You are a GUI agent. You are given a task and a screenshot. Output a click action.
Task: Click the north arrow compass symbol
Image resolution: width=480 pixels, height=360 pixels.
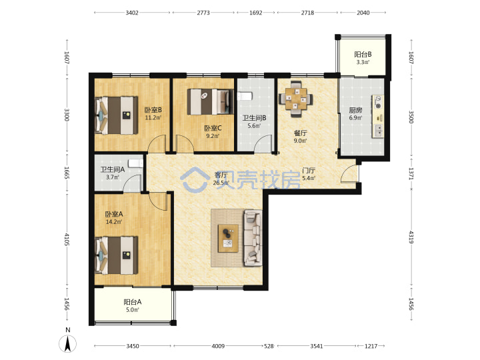[x=67, y=343]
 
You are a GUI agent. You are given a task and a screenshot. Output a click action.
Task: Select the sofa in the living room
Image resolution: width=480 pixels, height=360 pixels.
[x=253, y=238]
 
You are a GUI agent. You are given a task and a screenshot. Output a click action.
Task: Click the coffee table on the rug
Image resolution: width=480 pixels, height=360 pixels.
[x=228, y=238]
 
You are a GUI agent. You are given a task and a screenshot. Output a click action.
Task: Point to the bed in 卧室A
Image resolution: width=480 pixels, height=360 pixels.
[x=116, y=255]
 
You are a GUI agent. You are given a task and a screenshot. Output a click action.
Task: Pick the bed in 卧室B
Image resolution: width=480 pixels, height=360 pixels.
[x=116, y=115]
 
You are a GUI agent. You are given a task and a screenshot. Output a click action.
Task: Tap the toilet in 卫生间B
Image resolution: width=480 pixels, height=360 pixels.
[x=245, y=96]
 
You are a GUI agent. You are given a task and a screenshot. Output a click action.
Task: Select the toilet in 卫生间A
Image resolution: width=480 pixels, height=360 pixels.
[x=135, y=163]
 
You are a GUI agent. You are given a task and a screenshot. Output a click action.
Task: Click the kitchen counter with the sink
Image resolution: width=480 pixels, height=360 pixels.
[x=378, y=116]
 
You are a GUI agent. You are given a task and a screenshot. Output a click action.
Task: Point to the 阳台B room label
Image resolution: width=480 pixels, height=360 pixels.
[x=363, y=55]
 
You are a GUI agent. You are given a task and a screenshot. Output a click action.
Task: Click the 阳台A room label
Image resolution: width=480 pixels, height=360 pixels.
[x=133, y=302]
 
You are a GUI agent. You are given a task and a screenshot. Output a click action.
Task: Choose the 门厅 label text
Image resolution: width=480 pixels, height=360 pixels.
[x=309, y=171]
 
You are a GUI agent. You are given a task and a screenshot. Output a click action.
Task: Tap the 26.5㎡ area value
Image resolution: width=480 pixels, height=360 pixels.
[x=221, y=183]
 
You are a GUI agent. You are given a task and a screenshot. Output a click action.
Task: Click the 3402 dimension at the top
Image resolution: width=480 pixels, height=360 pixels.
[x=132, y=13]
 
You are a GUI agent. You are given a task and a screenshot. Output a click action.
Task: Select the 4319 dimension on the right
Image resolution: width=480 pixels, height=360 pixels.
[x=411, y=237]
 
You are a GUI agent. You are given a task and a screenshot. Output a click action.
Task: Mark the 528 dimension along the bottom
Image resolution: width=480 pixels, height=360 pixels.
[x=269, y=346]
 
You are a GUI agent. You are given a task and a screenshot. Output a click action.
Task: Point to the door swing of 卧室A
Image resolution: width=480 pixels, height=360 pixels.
[x=157, y=201]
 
